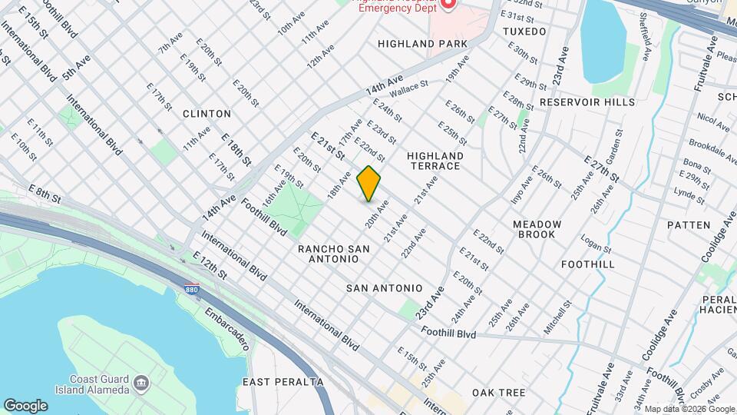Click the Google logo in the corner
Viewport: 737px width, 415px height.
[x=25, y=406]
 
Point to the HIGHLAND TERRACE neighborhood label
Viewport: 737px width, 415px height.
[x=434, y=160]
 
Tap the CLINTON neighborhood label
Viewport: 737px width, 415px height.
[x=207, y=114]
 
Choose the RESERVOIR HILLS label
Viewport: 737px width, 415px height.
[x=587, y=101]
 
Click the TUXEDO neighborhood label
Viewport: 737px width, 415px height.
[x=524, y=32]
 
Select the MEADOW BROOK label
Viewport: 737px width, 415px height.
[x=537, y=229]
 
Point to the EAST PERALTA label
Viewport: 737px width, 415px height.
[x=283, y=382]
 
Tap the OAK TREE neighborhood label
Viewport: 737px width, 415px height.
[x=498, y=393]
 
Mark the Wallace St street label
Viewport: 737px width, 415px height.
[x=408, y=90]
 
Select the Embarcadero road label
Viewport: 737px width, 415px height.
[x=227, y=330]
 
